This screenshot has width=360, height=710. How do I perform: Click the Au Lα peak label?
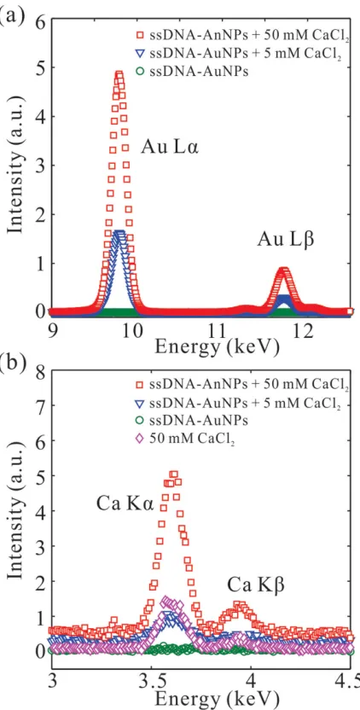tap(170, 148)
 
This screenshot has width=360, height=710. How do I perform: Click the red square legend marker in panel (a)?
tap(140, 33)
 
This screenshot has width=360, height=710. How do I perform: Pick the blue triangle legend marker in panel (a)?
tap(140, 53)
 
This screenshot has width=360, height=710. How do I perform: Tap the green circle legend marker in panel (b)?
tap(140, 421)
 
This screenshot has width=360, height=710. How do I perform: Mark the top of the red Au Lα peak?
tap(119, 74)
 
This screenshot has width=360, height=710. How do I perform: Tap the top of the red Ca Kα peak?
tap(174, 474)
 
